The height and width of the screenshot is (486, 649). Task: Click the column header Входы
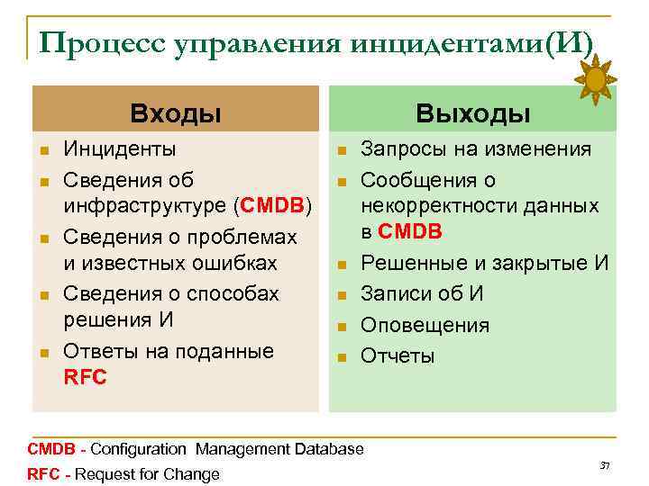[176, 113]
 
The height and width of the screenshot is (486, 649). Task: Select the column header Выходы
[472, 113]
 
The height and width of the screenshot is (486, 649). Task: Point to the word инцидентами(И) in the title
[487, 41]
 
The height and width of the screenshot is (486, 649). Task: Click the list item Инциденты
[120, 148]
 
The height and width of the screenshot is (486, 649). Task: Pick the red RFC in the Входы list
[86, 378]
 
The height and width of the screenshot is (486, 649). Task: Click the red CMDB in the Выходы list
[410, 231]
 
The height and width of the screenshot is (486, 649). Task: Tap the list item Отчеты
[398, 355]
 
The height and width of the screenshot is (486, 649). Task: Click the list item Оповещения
[425, 325]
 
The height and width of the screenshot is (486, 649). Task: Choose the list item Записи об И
[422, 293]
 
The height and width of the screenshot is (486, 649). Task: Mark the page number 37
[605, 465]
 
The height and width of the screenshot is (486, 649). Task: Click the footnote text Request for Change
[148, 474]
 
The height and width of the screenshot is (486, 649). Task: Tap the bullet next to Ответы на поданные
[43, 352]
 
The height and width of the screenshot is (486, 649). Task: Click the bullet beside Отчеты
[342, 357]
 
